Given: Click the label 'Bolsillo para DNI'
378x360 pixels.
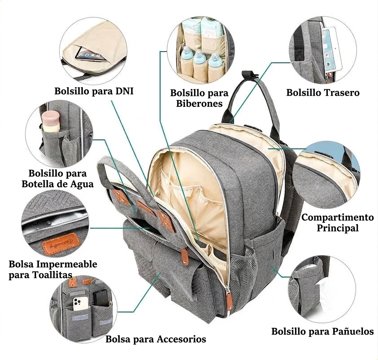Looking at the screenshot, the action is tap(94, 91).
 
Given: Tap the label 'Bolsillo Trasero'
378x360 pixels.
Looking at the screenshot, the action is tap(323, 93).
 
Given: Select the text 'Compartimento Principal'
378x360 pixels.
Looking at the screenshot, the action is tap(338, 222).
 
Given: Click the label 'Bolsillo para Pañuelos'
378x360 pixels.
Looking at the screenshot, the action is tap(323, 331).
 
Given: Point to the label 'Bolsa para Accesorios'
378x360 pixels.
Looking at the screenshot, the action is tap(156, 339).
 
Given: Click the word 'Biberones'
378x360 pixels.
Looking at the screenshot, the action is tap(199, 104).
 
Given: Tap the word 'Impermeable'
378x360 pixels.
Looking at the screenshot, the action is tap(67, 264).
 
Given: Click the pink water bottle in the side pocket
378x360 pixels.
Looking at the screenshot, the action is tap(51, 122).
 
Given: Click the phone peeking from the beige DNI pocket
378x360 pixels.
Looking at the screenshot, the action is tap(90, 56).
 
